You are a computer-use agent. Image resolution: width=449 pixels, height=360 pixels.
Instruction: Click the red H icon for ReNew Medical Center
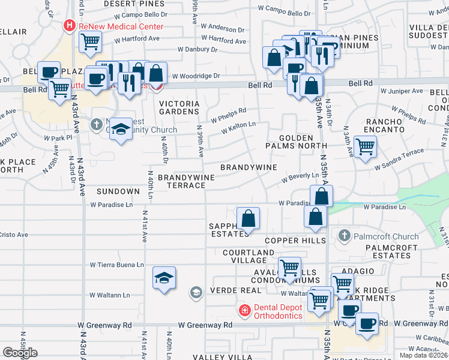click(69, 26)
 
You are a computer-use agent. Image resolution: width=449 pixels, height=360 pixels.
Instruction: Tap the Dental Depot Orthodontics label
click(277, 311)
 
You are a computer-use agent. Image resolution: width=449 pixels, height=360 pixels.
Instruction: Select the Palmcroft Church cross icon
click(344, 235)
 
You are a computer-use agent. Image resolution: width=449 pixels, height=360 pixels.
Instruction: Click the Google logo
click(20, 353)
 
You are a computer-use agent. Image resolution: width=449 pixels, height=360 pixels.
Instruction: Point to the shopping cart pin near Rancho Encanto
click(365, 146)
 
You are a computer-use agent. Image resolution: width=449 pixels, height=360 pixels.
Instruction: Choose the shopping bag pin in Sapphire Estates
click(248, 218)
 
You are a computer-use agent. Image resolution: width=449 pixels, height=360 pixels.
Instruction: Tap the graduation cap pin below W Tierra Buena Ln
click(164, 278)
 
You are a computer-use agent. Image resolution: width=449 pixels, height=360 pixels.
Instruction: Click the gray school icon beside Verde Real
click(195, 293)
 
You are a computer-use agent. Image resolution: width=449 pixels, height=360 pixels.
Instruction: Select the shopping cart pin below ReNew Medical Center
click(90, 41)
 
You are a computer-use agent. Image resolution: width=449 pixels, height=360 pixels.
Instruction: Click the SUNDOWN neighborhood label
click(119, 191)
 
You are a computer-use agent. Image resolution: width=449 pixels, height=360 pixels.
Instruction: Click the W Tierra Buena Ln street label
click(117, 265)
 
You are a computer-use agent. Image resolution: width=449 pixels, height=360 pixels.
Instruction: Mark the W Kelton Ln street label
click(238, 127)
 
